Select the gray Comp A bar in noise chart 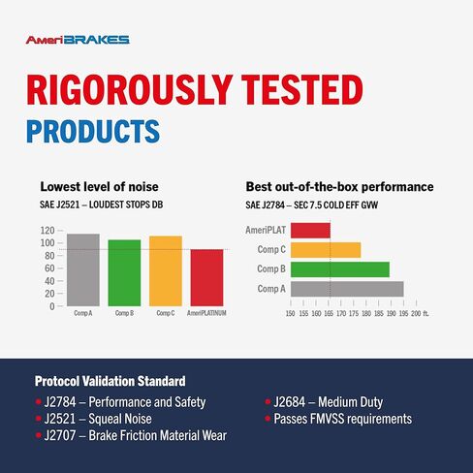click(83, 269)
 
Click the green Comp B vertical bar click(124, 272)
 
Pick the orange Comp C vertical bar click(166, 270)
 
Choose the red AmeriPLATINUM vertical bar click(206, 277)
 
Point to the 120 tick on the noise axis click(47, 231)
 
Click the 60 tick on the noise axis click(47, 268)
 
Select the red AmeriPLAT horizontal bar click(310, 230)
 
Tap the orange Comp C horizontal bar click(326, 249)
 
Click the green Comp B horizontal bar click(339, 268)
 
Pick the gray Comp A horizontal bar click(347, 288)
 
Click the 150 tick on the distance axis click(291, 314)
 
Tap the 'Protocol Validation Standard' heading click(110, 381)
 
